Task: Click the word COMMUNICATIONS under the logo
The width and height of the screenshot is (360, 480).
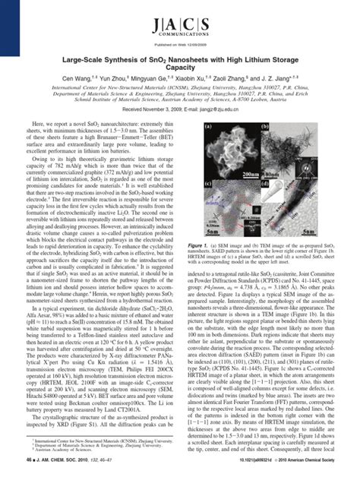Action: coord(179,36)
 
